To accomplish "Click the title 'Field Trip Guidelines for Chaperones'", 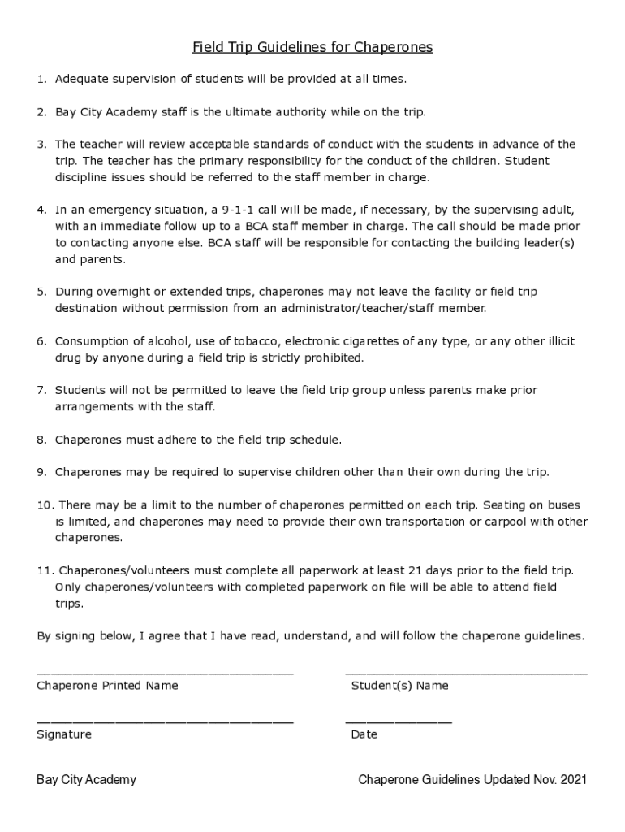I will pyautogui.click(x=312, y=48).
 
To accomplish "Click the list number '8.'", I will pyautogui.click(x=42, y=440).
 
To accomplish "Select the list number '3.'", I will pyautogui.click(x=42, y=145).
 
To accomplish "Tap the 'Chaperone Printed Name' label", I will pyautogui.click(x=107, y=686).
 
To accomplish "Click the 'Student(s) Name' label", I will pyautogui.click(x=399, y=686).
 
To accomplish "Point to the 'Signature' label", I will pyautogui.click(x=64, y=734).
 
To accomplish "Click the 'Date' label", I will pyautogui.click(x=364, y=734).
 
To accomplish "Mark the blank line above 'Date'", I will pyautogui.click(x=399, y=721).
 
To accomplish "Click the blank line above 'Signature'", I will pyautogui.click(x=165, y=721).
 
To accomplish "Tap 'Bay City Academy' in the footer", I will pyautogui.click(x=86, y=780).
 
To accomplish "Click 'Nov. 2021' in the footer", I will pyautogui.click(x=559, y=780).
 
